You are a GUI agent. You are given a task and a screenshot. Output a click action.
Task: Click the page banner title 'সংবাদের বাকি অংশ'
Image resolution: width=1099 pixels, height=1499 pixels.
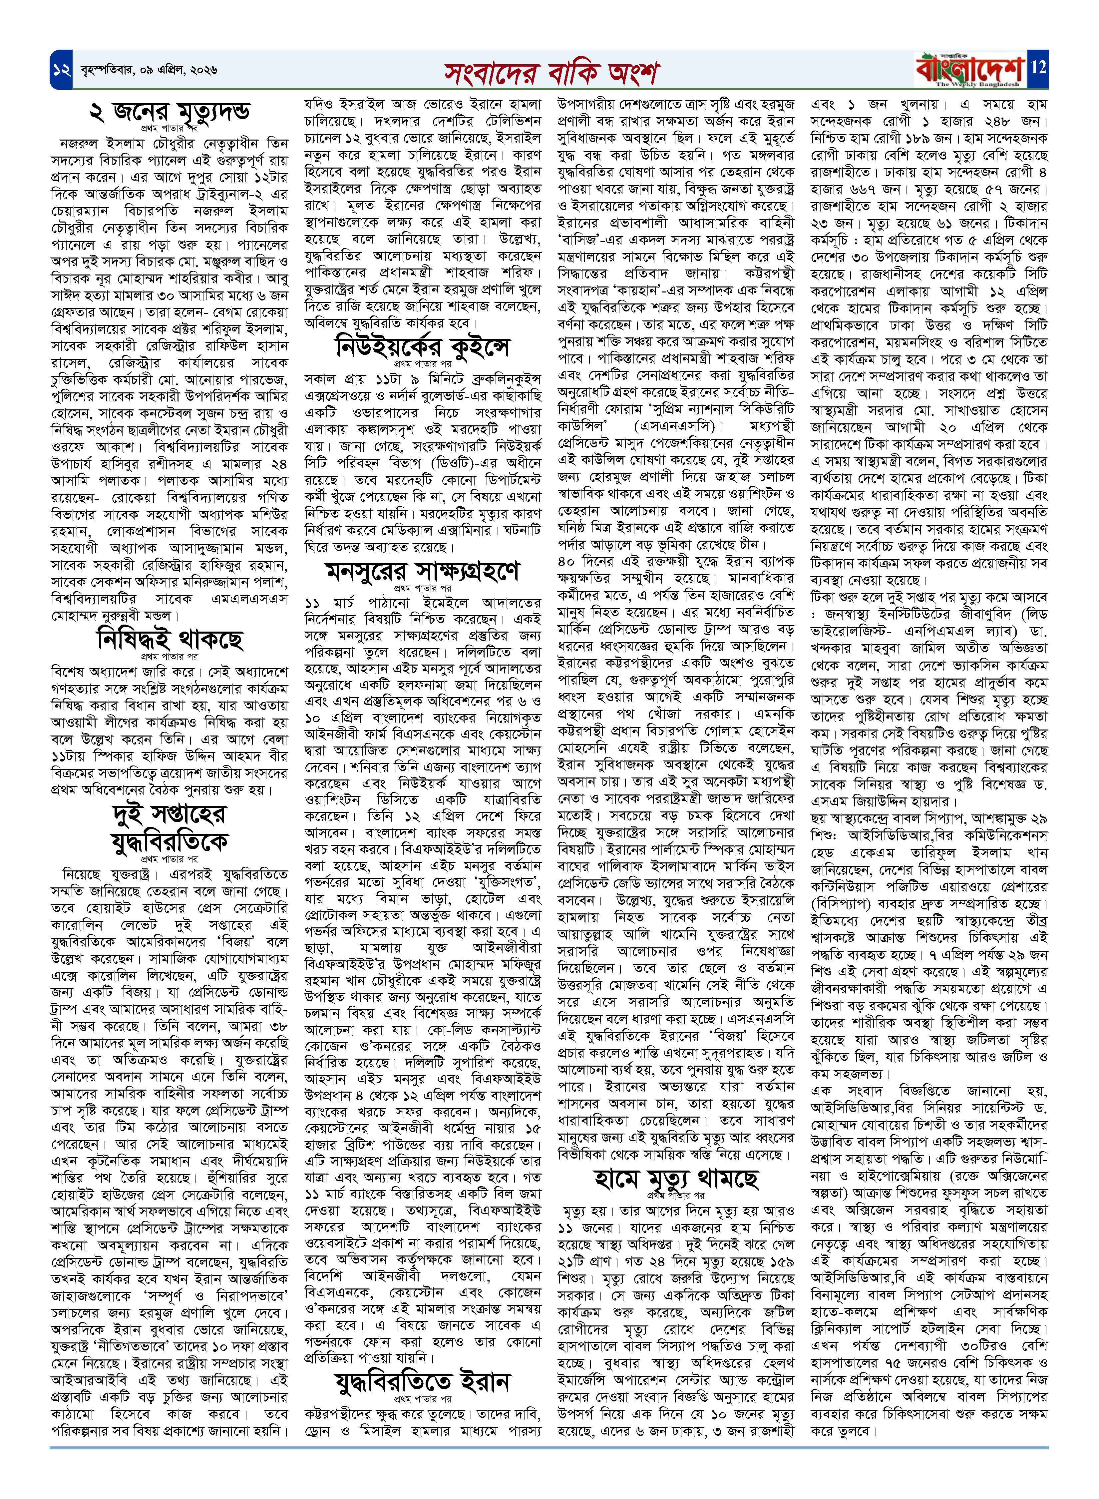coord(551,72)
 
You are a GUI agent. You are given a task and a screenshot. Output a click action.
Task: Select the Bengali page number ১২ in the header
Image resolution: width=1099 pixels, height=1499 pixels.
coord(62,69)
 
